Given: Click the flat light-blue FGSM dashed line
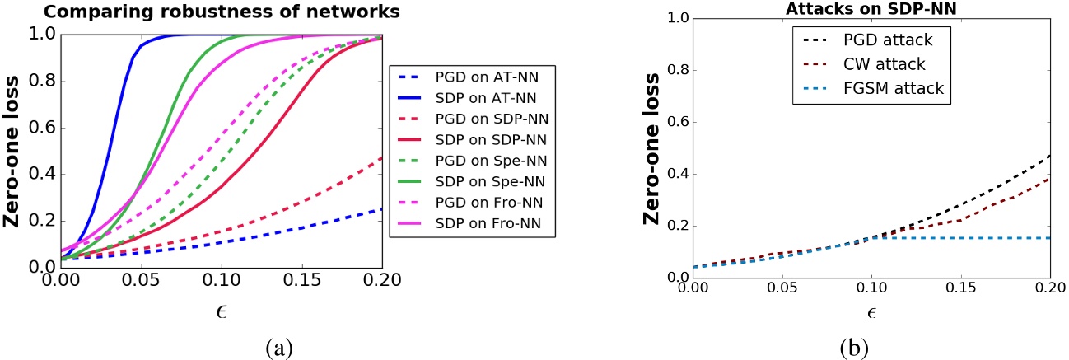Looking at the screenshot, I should (x=988, y=238).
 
